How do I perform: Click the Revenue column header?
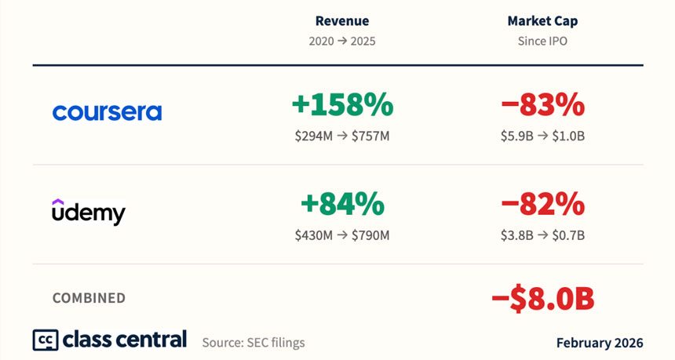(342, 21)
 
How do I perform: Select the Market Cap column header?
(542, 21)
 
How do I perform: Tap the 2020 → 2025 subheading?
(342, 41)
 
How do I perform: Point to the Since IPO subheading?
(542, 41)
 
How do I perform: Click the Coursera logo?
(107, 112)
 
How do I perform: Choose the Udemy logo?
(89, 211)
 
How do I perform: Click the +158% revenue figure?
(342, 104)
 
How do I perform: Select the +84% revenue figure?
(342, 204)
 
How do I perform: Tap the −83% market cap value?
(542, 104)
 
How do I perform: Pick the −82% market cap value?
(542, 204)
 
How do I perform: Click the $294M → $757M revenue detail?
(342, 136)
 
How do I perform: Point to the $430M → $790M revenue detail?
(342, 235)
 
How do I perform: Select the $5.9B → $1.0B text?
(542, 136)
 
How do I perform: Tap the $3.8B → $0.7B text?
(542, 235)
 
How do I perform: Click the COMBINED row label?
(89, 298)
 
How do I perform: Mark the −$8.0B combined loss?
(542, 298)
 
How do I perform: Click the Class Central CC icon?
(45, 340)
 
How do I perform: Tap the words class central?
(124, 340)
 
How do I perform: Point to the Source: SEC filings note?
(254, 343)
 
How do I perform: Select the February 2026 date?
(600, 343)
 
